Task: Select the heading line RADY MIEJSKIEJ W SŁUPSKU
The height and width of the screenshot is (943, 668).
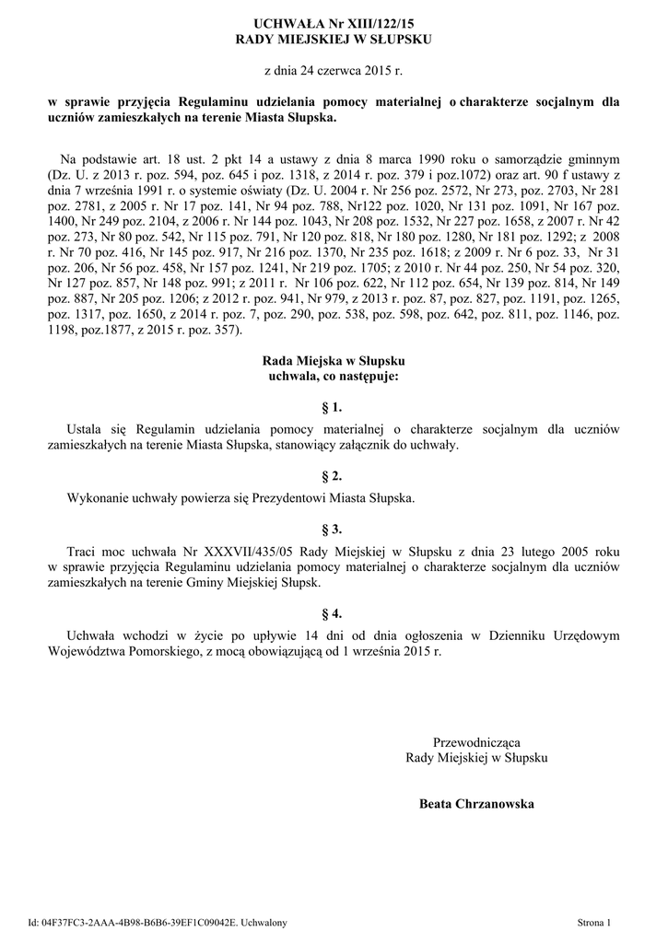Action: click(x=334, y=40)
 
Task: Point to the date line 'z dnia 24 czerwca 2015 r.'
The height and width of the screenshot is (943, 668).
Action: click(x=334, y=70)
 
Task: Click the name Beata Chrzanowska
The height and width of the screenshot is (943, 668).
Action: click(x=476, y=804)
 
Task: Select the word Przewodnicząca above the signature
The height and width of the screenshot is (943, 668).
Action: click(x=476, y=743)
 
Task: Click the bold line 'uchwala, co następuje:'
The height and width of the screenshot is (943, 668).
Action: click(x=333, y=376)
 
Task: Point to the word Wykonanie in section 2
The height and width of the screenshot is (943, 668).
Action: click(x=97, y=498)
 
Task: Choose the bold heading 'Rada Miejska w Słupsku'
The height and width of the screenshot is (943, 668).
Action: click(x=334, y=360)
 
